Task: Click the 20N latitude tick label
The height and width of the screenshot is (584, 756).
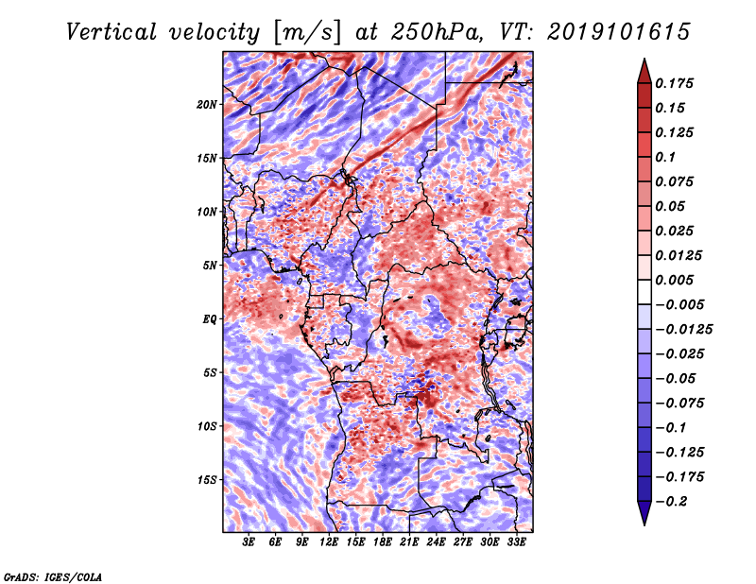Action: click(207, 104)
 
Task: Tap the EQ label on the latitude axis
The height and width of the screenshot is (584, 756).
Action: click(209, 319)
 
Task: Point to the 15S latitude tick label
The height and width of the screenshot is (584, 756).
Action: click(207, 480)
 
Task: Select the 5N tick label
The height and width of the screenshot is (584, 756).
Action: click(210, 266)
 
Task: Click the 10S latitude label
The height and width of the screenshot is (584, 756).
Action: click(207, 426)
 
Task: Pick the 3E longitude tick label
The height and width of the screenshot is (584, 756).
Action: click(249, 542)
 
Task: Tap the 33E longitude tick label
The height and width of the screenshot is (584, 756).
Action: click(516, 542)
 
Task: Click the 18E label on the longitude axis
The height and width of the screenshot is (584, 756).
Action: click(383, 542)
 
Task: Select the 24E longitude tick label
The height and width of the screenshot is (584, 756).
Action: click(436, 542)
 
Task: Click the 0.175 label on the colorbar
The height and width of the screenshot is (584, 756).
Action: click(674, 83)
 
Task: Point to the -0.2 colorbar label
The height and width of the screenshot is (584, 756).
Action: click(671, 502)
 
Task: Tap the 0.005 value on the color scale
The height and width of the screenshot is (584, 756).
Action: click(674, 280)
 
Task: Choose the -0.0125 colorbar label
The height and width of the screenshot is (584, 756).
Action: click(683, 330)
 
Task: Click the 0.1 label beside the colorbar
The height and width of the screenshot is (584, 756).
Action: click(665, 157)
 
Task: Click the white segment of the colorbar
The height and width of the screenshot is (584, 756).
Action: click(644, 292)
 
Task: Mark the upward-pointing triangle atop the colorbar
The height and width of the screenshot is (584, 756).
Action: click(644, 72)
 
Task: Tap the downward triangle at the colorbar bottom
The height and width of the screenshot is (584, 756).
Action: click(644, 513)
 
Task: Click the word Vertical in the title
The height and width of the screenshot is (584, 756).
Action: click(112, 32)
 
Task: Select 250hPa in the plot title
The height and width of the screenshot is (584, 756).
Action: click(437, 32)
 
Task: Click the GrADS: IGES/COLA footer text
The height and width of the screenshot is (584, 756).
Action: click(53, 576)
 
